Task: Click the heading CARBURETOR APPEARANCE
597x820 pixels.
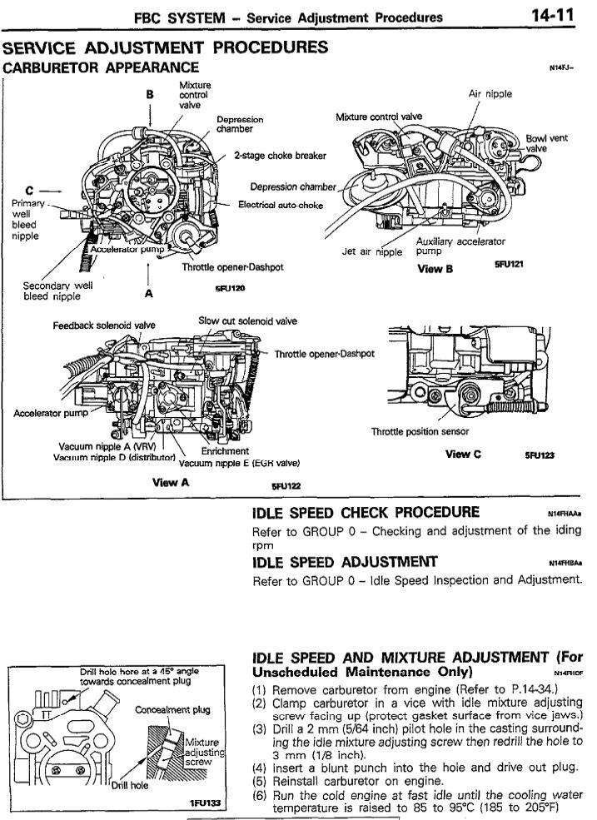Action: click(101, 67)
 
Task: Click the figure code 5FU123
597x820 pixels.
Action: click(540, 455)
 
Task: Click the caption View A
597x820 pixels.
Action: click(171, 482)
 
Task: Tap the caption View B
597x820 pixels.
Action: click(435, 268)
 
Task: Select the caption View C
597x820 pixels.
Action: click(463, 454)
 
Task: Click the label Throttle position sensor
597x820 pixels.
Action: click(420, 431)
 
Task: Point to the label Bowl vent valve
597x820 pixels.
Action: click(546, 143)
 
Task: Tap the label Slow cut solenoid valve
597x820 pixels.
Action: click(247, 321)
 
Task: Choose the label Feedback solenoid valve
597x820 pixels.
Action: click(104, 326)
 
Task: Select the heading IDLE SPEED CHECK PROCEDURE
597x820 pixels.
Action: click(366, 511)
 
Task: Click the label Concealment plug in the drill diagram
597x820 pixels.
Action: click(173, 710)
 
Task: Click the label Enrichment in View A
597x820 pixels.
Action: click(220, 450)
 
